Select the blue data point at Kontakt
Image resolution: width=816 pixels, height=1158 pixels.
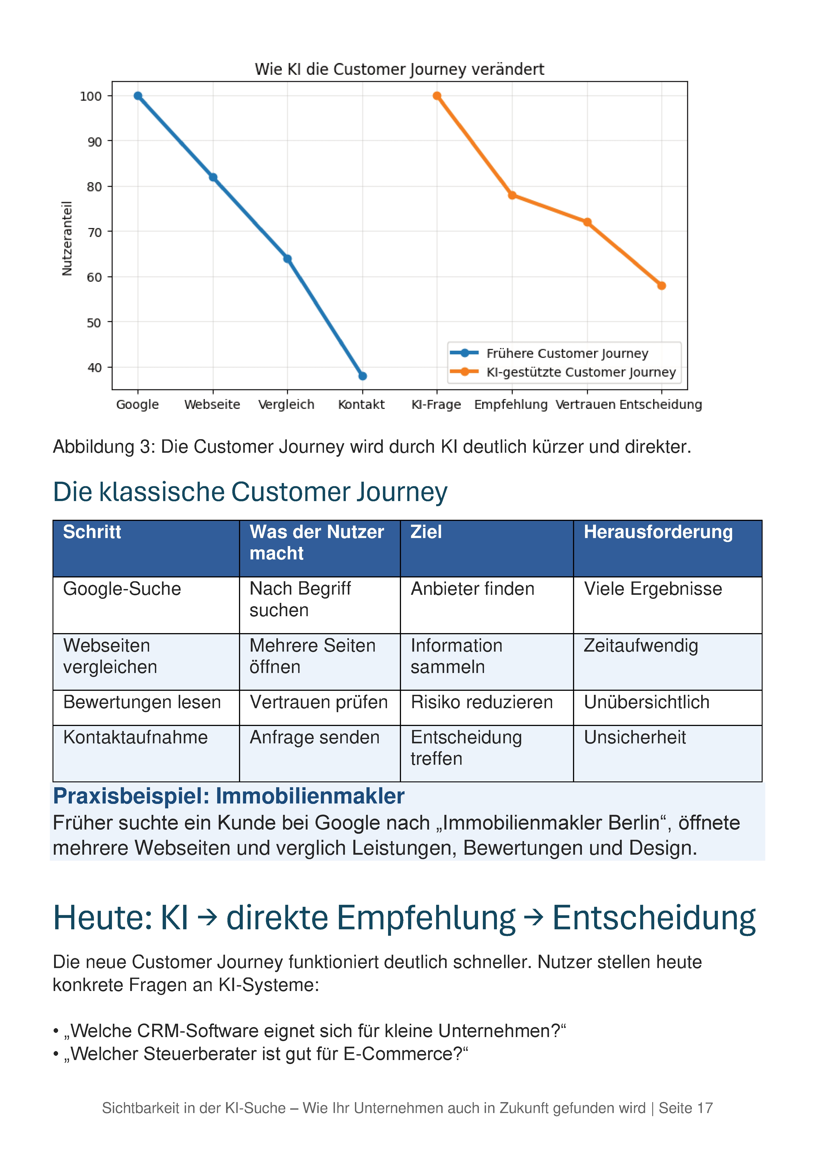[362, 376]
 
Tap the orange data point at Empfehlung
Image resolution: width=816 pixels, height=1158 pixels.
[512, 195]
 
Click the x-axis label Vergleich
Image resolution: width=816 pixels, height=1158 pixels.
[286, 404]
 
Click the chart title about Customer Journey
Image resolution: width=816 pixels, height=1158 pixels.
[399, 69]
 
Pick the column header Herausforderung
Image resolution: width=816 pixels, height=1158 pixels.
[658, 532]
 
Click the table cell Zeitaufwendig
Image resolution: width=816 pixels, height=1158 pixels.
[641, 646]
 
